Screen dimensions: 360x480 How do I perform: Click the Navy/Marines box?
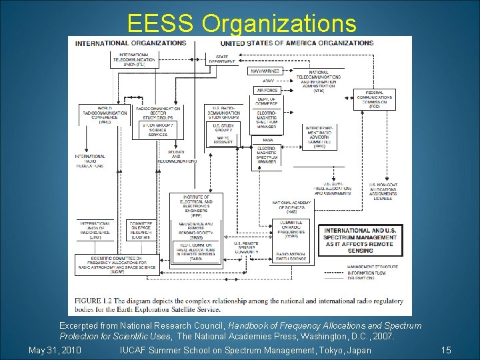265,71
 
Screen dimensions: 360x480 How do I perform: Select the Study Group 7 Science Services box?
158,129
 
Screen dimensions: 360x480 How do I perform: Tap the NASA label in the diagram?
267,140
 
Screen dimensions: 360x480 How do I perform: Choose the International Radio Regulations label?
89,161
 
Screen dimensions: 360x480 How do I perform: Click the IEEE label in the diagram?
191,207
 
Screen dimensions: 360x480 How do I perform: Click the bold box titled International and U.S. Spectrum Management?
359,241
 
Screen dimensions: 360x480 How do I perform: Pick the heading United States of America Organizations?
297,43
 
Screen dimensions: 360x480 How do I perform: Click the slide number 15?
446,350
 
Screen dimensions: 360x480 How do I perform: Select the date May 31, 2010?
55,350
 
